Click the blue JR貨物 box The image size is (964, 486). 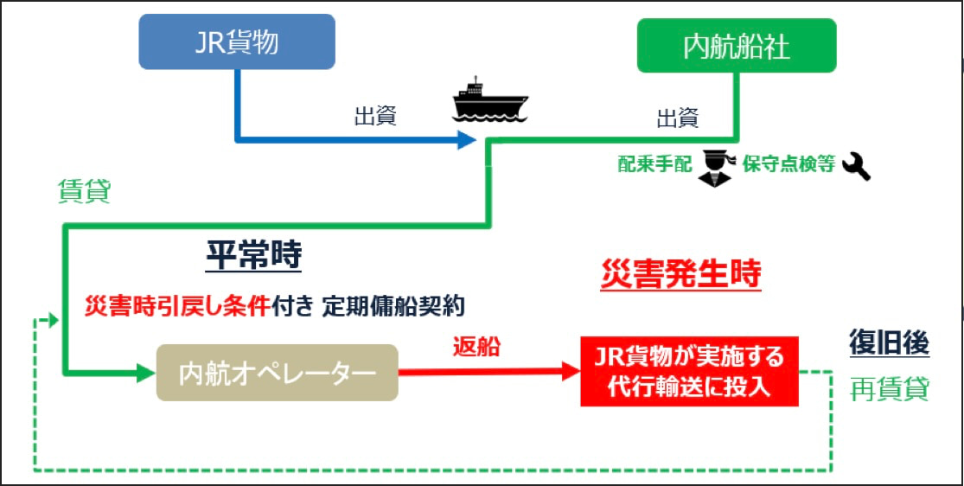(x=236, y=41)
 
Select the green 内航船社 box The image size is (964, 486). (x=737, y=46)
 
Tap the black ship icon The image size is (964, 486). (x=489, y=100)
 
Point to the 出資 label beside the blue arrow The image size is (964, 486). (x=375, y=117)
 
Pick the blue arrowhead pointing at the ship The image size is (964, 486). (x=467, y=140)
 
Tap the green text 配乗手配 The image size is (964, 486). (x=654, y=165)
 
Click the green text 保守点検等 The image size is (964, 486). (x=788, y=165)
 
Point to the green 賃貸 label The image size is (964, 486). (x=84, y=191)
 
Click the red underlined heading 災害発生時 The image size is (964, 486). (x=680, y=274)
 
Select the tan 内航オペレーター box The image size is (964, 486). (x=277, y=373)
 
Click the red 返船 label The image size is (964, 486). (x=476, y=346)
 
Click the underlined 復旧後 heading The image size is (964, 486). (x=888, y=343)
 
